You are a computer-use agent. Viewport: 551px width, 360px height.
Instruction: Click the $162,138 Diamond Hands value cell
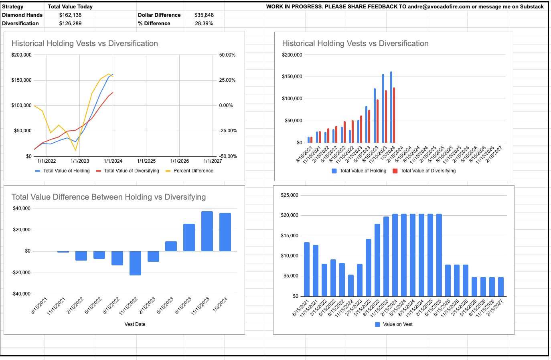click(70, 15)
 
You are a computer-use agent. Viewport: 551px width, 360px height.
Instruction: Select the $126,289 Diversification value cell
click(70, 23)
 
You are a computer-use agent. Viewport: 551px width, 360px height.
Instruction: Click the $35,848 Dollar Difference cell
click(204, 15)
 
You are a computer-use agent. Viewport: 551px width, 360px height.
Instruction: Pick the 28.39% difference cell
click(204, 23)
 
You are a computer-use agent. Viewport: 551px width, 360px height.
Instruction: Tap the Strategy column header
click(13, 6)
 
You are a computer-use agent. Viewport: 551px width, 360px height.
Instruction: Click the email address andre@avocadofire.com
click(439, 6)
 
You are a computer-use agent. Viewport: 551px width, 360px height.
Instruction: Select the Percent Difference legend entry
click(193, 171)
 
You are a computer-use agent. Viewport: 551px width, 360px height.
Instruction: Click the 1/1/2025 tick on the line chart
click(146, 161)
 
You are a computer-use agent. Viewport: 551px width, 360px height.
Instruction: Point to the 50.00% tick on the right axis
click(227, 55)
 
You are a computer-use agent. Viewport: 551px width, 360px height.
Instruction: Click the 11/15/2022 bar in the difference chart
click(135, 263)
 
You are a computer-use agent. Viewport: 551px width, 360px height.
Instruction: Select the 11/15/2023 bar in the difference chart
click(207, 231)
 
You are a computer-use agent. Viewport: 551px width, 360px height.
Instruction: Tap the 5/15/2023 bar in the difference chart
click(171, 246)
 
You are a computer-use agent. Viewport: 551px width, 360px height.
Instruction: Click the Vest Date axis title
click(135, 324)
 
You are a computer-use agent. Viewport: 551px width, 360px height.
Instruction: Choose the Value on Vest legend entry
click(397, 324)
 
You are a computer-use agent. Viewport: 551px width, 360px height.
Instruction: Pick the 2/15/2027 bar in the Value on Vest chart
click(501, 287)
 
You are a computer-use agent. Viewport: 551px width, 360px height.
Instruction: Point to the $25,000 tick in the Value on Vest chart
click(290, 195)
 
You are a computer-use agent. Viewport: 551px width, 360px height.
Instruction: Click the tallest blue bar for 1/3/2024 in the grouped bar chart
click(391, 107)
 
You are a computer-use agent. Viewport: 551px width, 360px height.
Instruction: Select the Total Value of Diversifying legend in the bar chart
click(428, 171)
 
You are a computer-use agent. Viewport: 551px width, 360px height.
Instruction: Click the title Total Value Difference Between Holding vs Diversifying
click(109, 197)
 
